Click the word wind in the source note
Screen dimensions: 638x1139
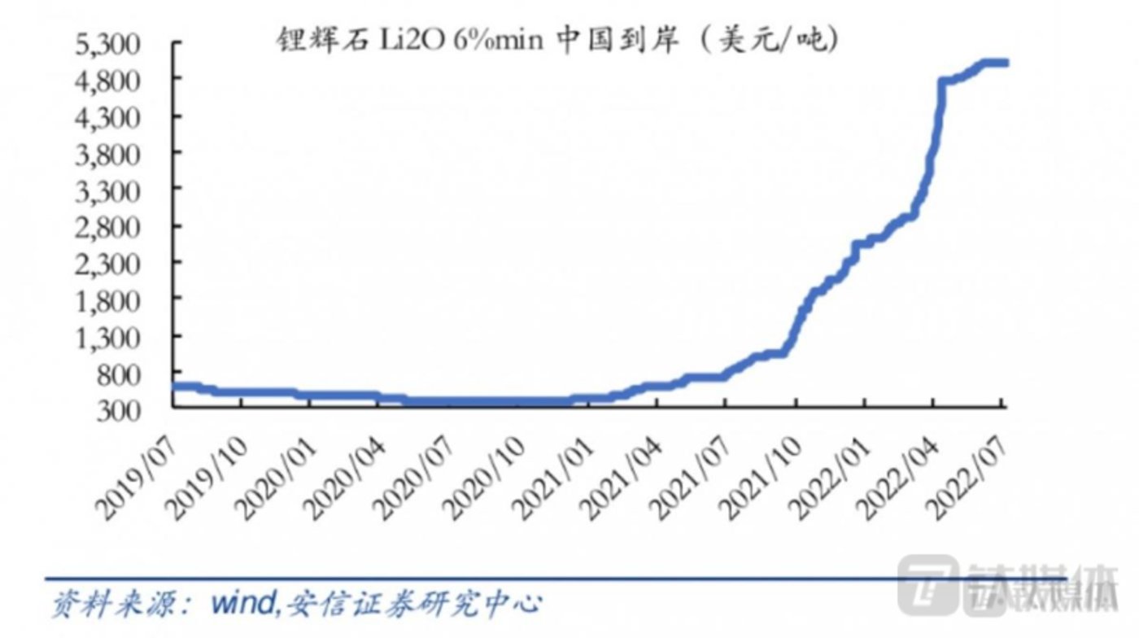(246, 605)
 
